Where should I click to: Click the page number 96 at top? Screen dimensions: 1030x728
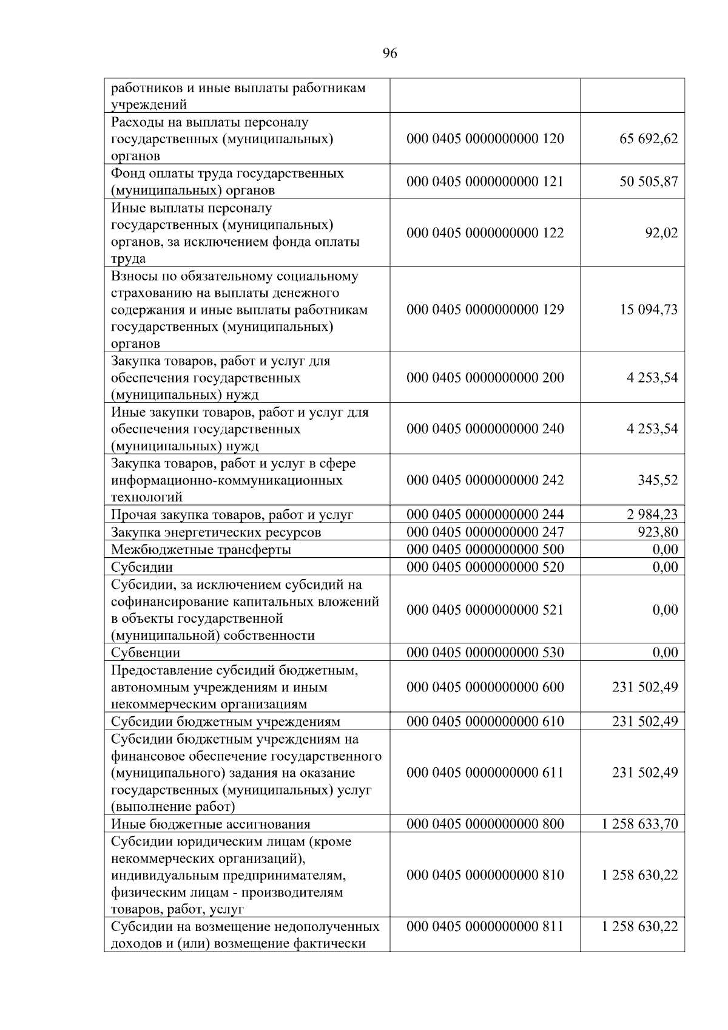click(x=390, y=54)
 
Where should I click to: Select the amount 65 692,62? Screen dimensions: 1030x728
click(x=649, y=139)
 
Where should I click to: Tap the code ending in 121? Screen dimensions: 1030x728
click(x=485, y=181)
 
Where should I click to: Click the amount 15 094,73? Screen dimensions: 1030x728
click(x=649, y=310)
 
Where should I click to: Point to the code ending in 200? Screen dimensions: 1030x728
click(x=485, y=378)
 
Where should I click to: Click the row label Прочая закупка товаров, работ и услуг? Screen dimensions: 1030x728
click(x=232, y=515)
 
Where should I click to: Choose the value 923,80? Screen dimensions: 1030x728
click(x=658, y=532)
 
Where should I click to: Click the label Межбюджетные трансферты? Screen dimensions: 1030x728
click(x=201, y=550)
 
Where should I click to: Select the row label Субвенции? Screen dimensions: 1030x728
click(x=146, y=653)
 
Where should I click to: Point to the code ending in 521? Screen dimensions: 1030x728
click(x=485, y=610)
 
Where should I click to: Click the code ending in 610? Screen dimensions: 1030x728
click(x=485, y=722)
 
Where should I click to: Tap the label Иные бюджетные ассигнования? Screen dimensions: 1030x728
click(x=211, y=824)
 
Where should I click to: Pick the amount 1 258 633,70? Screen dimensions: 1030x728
click(x=639, y=824)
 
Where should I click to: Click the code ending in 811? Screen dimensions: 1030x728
click(x=485, y=927)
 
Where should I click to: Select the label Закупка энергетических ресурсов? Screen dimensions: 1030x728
click(x=216, y=533)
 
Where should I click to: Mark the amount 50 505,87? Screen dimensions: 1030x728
click(x=649, y=181)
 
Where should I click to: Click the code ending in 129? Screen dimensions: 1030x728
click(x=485, y=310)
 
